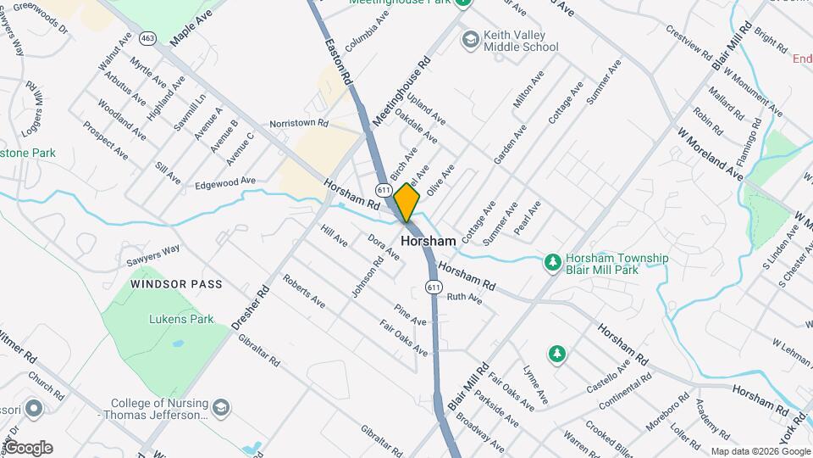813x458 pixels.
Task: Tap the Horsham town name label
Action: pyautogui.click(x=428, y=242)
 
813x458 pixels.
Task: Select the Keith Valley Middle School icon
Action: pyautogui.click(x=469, y=39)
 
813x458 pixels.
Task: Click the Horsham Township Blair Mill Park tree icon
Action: pyautogui.click(x=552, y=262)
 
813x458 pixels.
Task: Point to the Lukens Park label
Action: pyautogui.click(x=172, y=320)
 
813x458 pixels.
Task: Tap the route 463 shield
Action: pyautogui.click(x=149, y=38)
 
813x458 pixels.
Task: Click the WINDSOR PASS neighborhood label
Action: pyautogui.click(x=177, y=284)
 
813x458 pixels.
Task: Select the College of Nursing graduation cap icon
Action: pyautogui.click(x=221, y=409)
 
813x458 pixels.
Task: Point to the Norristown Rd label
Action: pyautogui.click(x=298, y=124)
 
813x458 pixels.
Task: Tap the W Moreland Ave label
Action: pyautogui.click(x=710, y=154)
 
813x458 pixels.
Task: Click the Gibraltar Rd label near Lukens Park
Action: pyautogui.click(x=258, y=349)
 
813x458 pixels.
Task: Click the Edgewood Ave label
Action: pyautogui.click(x=224, y=182)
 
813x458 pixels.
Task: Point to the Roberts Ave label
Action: pyautogui.click(x=304, y=291)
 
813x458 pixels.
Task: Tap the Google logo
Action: pyautogui.click(x=28, y=448)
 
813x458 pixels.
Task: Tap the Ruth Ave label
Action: pyautogui.click(x=464, y=298)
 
